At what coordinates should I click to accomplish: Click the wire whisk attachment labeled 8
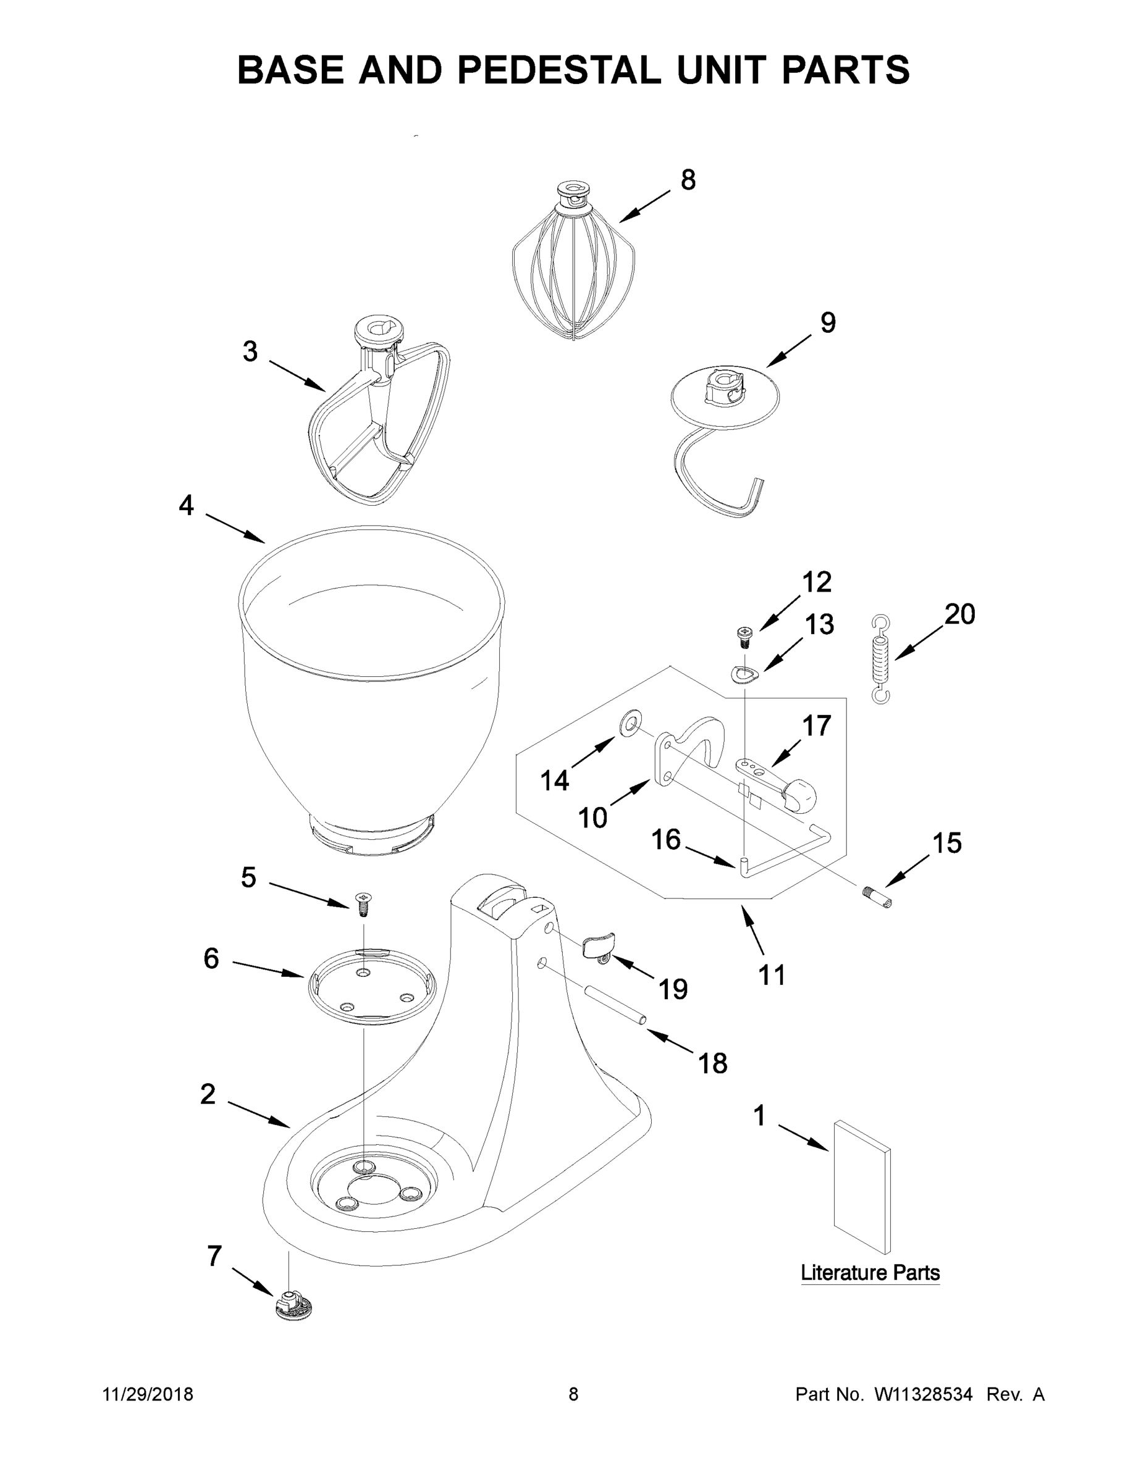[x=574, y=272]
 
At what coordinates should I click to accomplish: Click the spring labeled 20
[x=880, y=659]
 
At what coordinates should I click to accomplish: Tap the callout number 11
[x=772, y=975]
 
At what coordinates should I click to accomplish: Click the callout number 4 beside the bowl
[x=186, y=505]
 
